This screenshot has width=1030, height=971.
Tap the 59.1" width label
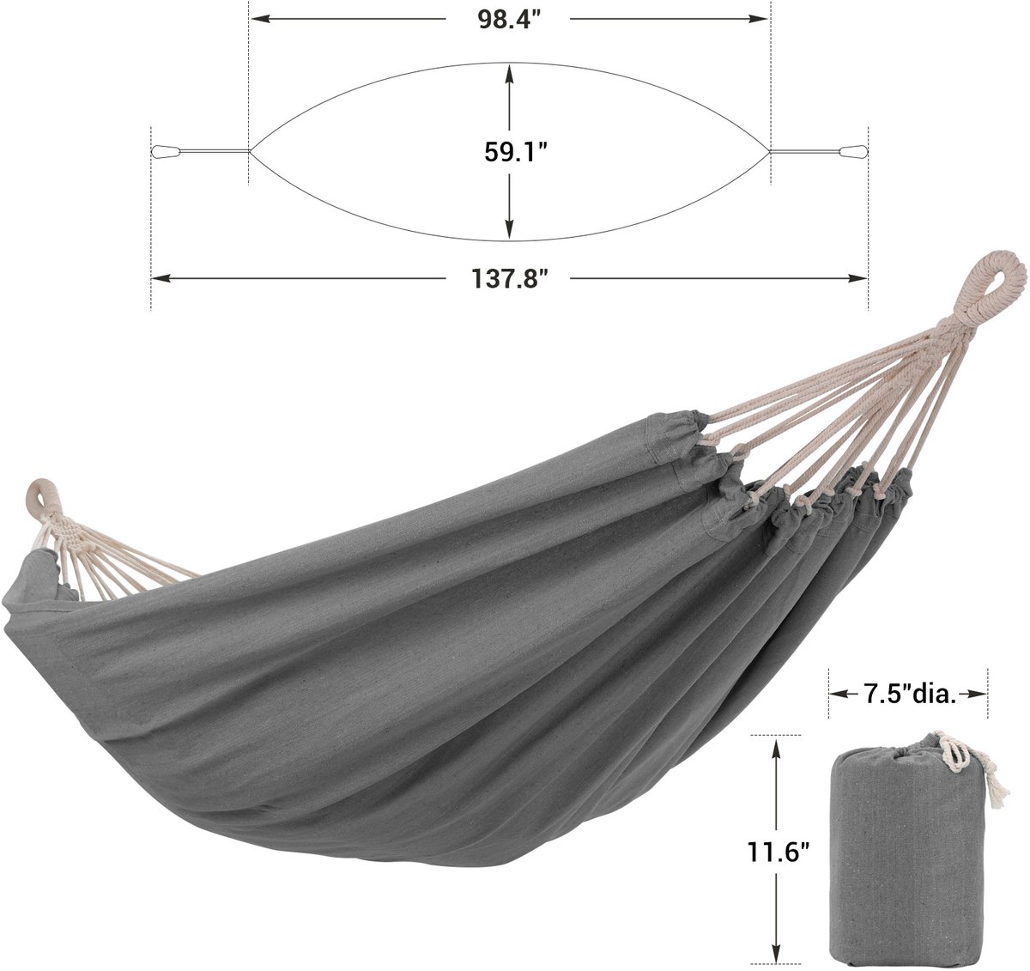point(516,152)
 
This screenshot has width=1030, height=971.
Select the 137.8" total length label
point(509,279)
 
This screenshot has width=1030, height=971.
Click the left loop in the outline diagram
point(166,152)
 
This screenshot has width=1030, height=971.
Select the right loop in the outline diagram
point(853,152)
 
